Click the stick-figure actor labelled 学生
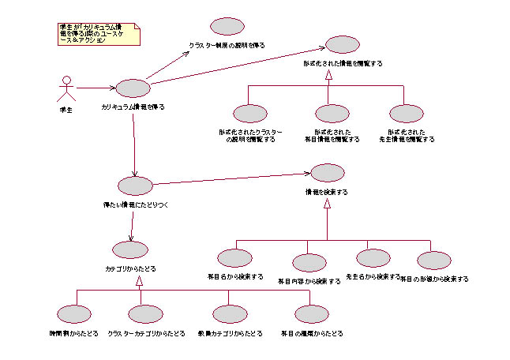[x=67, y=87]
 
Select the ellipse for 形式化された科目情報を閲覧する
[x=332, y=114]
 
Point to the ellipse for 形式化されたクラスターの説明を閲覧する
[x=251, y=114]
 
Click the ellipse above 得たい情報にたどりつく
[x=134, y=186]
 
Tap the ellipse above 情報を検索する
[x=327, y=173]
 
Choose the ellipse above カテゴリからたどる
[x=130, y=249]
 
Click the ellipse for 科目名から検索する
[x=234, y=258]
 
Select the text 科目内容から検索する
[x=309, y=280]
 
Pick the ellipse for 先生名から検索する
[x=373, y=257]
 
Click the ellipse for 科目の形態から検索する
[x=433, y=261]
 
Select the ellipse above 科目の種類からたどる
[x=311, y=314]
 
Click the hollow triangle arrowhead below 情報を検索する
[x=327, y=204]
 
